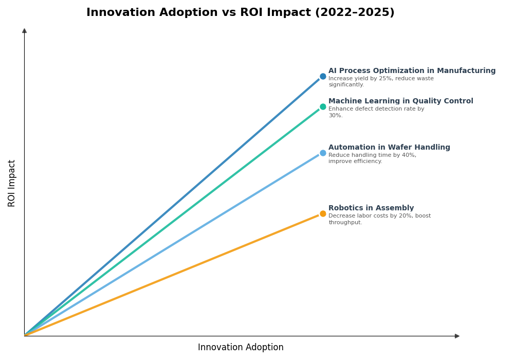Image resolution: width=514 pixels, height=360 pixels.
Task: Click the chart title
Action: click(240, 13)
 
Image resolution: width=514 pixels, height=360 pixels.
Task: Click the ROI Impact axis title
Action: click(12, 183)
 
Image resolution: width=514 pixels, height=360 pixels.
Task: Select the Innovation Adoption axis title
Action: click(241, 348)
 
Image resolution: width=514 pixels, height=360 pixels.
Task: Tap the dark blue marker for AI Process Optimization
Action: click(323, 77)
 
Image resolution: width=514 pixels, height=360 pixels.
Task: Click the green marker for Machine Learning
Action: click(323, 107)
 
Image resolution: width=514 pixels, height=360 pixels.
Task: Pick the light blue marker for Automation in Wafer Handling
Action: click(323, 153)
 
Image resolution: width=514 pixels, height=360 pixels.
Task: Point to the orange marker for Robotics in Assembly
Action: click(323, 214)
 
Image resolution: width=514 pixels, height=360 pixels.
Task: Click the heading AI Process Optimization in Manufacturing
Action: click(412, 71)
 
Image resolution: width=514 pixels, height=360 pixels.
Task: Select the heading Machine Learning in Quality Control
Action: click(400, 101)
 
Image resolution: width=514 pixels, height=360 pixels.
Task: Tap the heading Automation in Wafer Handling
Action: click(389, 148)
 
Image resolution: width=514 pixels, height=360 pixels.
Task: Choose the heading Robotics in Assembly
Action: click(371, 208)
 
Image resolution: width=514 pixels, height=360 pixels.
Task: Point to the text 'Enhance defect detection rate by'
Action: click(376, 109)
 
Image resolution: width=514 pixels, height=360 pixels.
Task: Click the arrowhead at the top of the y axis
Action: click(24, 31)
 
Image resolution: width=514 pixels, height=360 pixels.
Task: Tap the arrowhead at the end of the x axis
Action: click(457, 336)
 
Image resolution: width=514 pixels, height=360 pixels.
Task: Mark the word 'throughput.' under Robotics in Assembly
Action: click(345, 223)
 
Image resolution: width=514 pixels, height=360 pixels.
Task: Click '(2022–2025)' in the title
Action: click(355, 13)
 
